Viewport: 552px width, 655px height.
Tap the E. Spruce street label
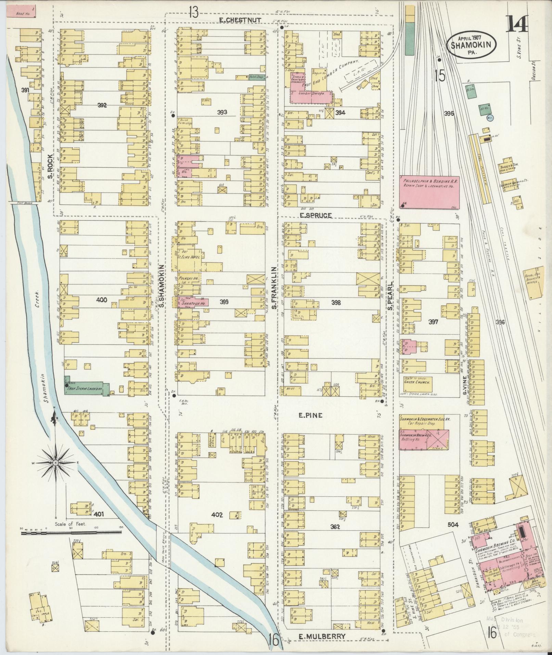[x=316, y=215]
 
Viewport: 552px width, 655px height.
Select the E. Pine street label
[x=311, y=415]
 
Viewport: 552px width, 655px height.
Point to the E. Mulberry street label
[x=321, y=636]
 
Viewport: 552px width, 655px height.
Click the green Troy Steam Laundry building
[x=87, y=389]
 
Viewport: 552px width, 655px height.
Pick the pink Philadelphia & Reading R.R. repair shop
[x=429, y=192]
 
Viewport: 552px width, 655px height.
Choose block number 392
[x=102, y=105]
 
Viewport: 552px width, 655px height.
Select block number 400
[x=102, y=300]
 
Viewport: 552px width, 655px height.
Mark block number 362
[x=335, y=527]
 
